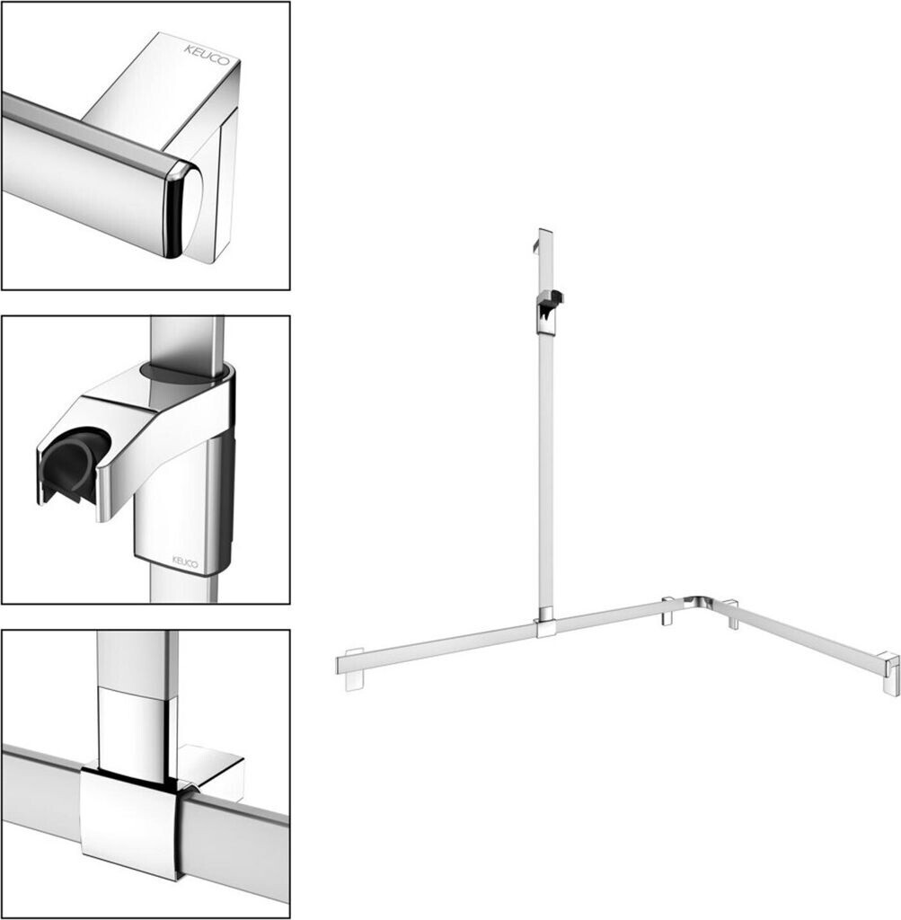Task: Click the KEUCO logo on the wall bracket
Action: (x=208, y=55)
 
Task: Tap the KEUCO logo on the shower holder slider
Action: (x=185, y=562)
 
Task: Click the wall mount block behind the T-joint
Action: (x=212, y=769)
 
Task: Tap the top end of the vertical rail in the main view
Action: (x=545, y=232)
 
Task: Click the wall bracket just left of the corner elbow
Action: (x=668, y=610)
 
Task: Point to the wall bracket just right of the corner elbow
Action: (x=732, y=614)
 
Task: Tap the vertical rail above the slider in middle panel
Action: (x=187, y=341)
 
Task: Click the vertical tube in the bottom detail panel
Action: (x=137, y=698)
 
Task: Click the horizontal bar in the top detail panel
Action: (x=88, y=170)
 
